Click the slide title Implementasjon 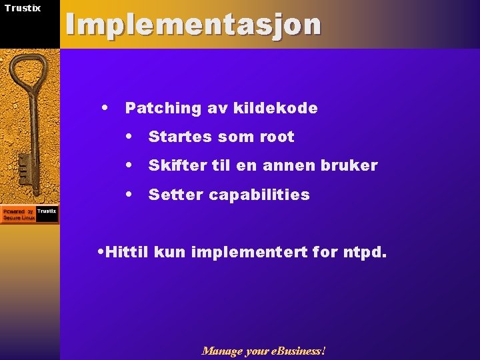(x=193, y=25)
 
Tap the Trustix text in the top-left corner (x=23, y=8)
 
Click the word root (x=276, y=137)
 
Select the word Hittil (x=127, y=253)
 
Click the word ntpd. (x=366, y=253)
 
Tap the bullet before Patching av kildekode (x=105, y=107)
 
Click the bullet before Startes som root (x=130, y=136)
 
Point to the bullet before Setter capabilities (x=130, y=194)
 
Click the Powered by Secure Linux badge (x=29, y=214)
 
